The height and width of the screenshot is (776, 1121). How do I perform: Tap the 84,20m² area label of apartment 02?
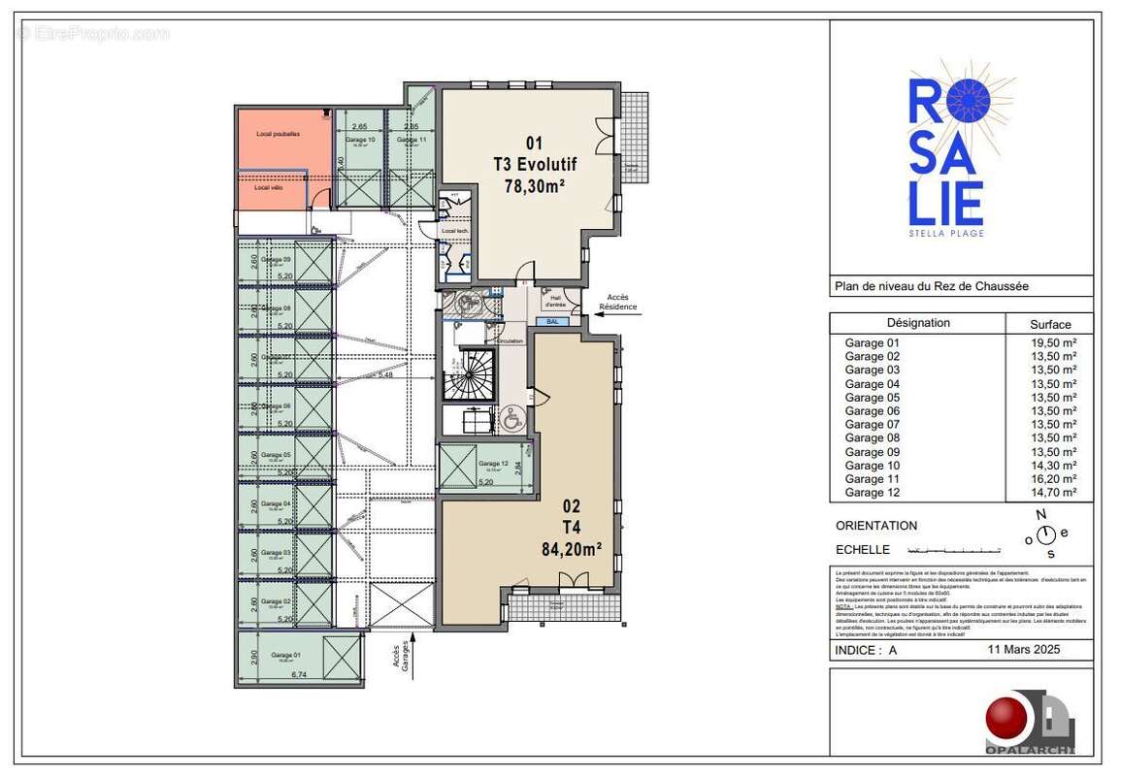[571, 547]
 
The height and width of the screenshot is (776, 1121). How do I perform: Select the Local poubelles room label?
[278, 133]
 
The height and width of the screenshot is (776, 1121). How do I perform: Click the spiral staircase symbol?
[468, 374]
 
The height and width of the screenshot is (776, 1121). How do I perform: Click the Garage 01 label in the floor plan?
[285, 655]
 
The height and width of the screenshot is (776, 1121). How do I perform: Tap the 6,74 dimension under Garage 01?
[284, 676]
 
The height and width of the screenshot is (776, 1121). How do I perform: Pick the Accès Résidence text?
[618, 302]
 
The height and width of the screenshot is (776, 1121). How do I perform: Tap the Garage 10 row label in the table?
[872, 465]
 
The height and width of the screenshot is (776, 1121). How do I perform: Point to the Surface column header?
[1050, 325]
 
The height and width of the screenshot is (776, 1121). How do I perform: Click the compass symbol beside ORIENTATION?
[1045, 534]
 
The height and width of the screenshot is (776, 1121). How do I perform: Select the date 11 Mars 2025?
[1024, 650]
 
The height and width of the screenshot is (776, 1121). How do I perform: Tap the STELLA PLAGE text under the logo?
[945, 233]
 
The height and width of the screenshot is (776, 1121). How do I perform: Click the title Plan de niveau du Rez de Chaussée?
[931, 286]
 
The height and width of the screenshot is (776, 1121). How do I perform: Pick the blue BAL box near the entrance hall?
[552, 321]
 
